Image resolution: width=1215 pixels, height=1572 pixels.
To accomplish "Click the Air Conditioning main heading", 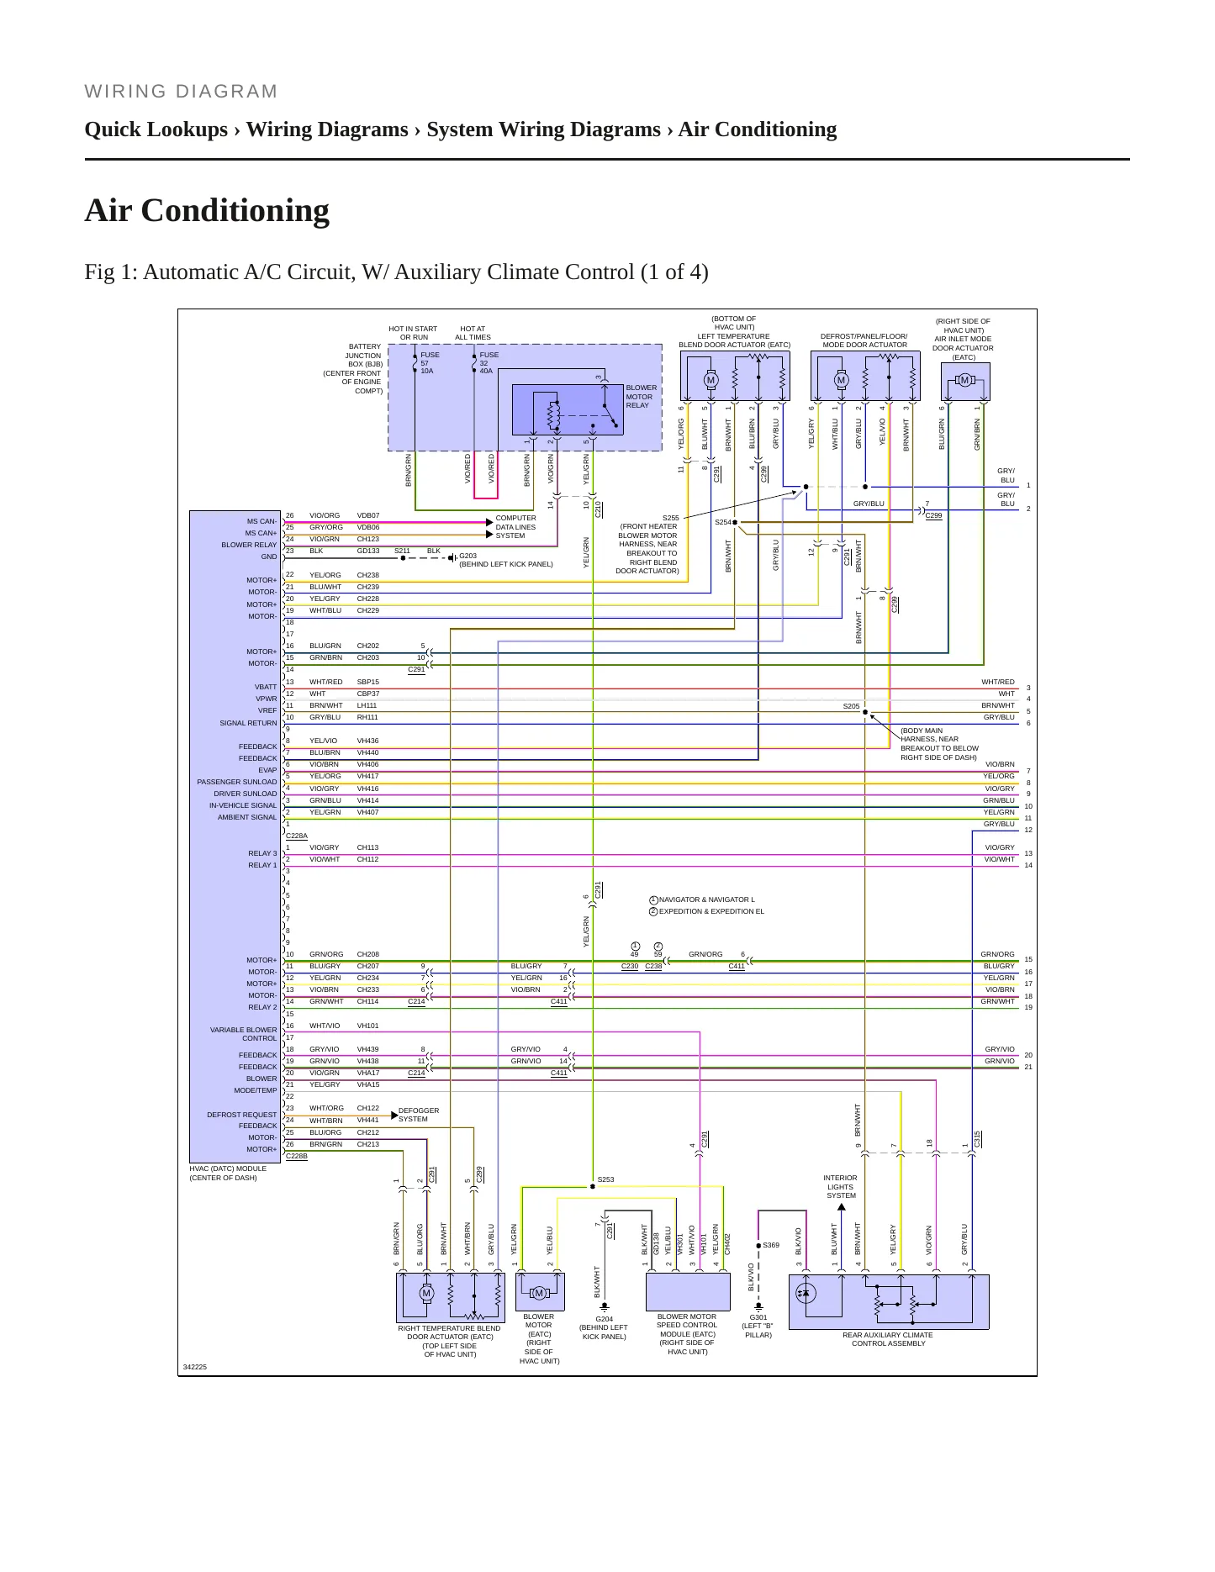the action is [x=207, y=210].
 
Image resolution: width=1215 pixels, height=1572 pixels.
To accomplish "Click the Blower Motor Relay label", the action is [x=641, y=397].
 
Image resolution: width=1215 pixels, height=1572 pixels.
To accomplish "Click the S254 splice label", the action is [x=722, y=522].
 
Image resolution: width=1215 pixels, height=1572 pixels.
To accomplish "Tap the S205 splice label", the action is [x=851, y=706].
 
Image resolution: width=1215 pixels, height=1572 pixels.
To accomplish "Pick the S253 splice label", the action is [x=605, y=1179].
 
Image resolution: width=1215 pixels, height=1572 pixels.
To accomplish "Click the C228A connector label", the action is [x=297, y=836].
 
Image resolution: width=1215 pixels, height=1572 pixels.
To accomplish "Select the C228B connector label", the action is [x=297, y=1156].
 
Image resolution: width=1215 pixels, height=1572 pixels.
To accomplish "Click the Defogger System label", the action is [x=419, y=1115].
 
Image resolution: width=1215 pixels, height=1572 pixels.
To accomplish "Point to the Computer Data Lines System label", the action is [x=515, y=527].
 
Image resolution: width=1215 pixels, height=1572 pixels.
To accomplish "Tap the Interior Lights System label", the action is [x=841, y=1187].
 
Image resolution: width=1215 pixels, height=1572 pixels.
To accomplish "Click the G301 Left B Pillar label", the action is [x=758, y=1327].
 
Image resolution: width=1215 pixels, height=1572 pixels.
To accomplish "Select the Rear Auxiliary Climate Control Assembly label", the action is [x=888, y=1339].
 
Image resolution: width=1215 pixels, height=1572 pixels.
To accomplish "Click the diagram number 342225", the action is [x=195, y=1367].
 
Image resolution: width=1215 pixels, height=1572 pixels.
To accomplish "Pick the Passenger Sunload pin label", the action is [x=237, y=782].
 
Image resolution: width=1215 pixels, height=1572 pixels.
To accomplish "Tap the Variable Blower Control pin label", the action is [x=244, y=1034].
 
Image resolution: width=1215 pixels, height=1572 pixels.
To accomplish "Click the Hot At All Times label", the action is [x=473, y=333].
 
